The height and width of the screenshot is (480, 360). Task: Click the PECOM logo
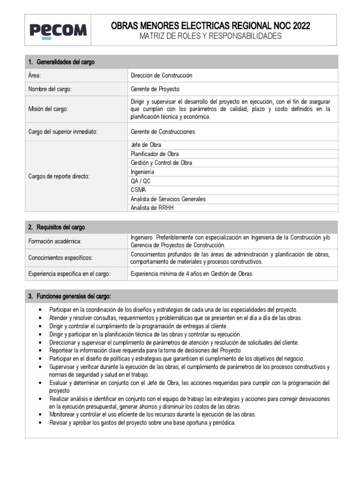58,30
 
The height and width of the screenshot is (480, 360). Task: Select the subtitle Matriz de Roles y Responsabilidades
213,36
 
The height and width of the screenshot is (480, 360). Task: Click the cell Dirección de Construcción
161,75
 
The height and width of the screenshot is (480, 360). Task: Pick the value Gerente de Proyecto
155,89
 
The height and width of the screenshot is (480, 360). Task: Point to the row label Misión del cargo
48,109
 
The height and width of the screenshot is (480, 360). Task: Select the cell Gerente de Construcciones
163,132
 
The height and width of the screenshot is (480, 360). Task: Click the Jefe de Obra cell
146,145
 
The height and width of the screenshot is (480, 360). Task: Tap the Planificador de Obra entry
155,154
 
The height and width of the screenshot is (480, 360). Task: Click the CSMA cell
138,190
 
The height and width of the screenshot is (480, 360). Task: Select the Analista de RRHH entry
152,208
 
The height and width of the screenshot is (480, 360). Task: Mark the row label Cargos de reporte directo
59,176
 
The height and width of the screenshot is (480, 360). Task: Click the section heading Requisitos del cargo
57,227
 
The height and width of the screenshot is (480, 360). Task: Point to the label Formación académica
55,241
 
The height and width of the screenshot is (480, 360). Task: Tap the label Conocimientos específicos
60,258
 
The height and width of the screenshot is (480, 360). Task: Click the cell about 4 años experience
191,274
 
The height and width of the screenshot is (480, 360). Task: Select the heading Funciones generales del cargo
69,297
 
